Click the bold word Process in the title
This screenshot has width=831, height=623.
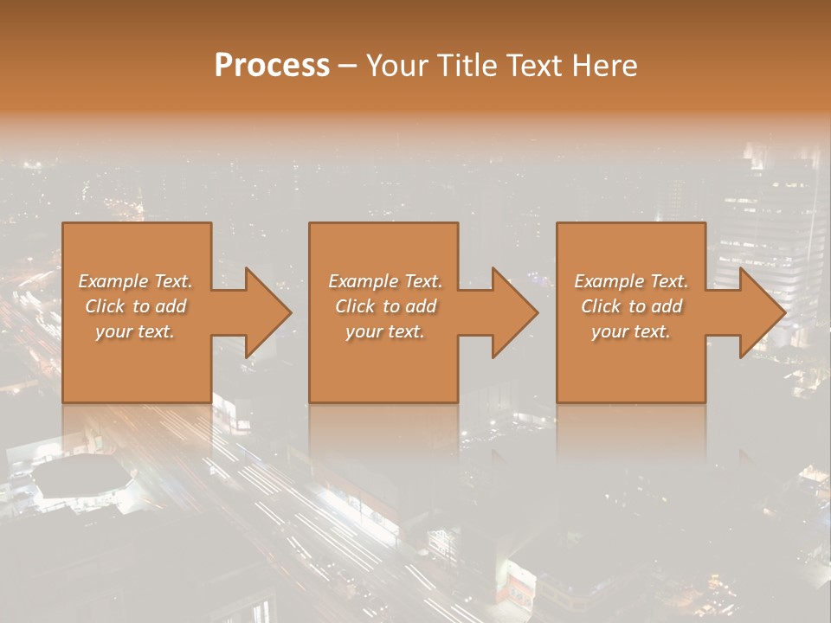[272, 66]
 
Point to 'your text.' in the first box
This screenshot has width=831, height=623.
[134, 331]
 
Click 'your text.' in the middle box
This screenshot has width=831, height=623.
[384, 331]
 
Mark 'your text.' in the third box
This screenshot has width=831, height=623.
[630, 331]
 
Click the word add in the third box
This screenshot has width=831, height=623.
[667, 306]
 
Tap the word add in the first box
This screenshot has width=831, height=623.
[171, 306]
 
